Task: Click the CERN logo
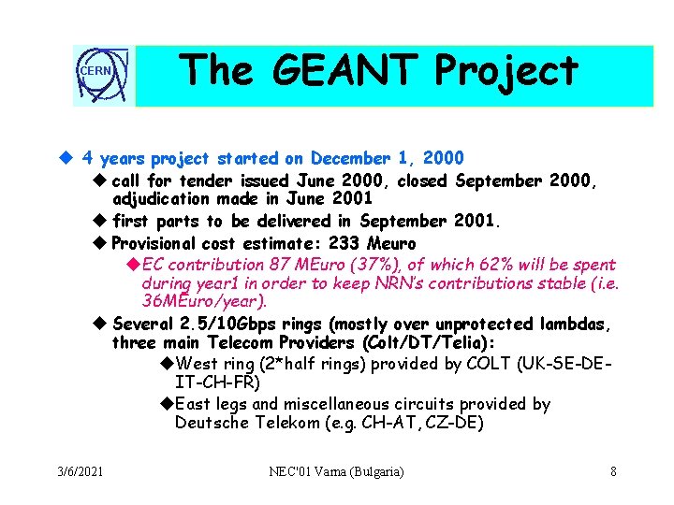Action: point(104,74)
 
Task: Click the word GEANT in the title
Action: point(324,72)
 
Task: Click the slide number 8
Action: point(613,471)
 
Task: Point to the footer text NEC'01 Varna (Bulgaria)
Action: point(336,471)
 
